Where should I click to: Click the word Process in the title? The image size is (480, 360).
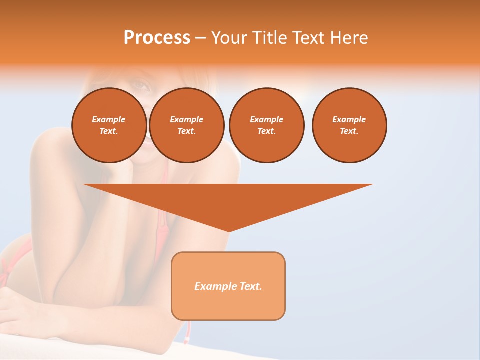(157, 38)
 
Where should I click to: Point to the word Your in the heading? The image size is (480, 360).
(229, 38)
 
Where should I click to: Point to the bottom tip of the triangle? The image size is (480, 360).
(228, 231)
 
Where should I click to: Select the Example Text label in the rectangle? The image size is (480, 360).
(228, 286)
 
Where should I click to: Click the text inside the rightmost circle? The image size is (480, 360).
(349, 125)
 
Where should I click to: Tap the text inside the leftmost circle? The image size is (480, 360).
(109, 125)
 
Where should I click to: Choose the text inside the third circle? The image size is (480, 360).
(266, 125)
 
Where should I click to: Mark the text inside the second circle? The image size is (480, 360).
(186, 125)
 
